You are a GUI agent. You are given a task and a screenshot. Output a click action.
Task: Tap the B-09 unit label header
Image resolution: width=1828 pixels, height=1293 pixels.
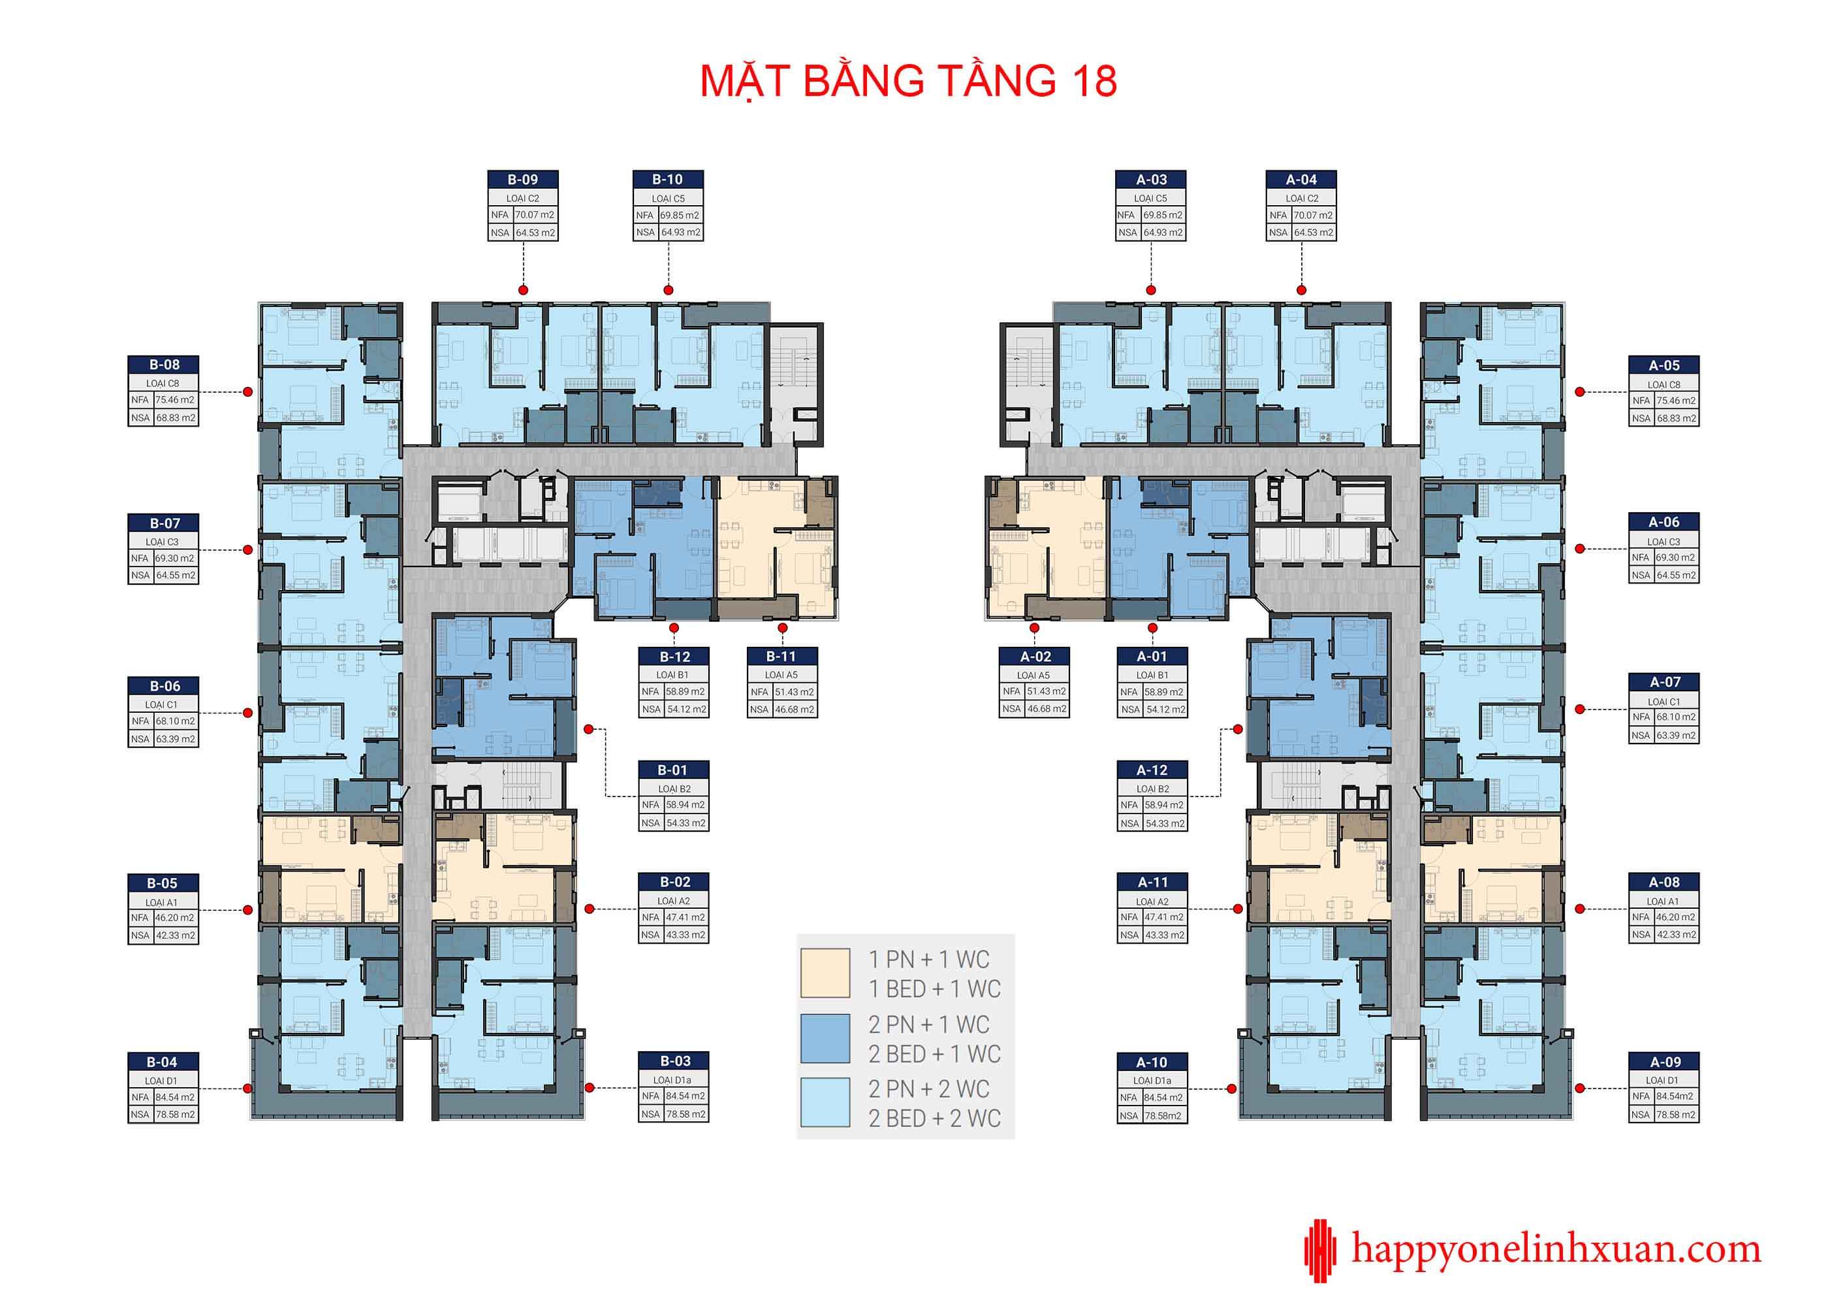pyautogui.click(x=522, y=179)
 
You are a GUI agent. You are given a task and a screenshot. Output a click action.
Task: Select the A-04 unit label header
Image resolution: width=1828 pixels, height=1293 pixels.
pyautogui.click(x=1301, y=179)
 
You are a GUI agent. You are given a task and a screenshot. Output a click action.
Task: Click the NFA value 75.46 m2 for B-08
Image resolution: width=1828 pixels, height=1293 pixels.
pyautogui.click(x=175, y=400)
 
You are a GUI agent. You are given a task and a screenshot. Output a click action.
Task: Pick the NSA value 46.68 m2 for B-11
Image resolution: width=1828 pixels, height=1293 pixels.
pyautogui.click(x=794, y=709)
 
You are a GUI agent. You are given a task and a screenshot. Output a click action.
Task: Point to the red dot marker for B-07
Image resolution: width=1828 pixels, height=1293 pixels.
pyautogui.click(x=247, y=549)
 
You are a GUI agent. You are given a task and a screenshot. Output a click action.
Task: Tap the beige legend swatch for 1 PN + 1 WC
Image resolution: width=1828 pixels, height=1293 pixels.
pyautogui.click(x=825, y=973)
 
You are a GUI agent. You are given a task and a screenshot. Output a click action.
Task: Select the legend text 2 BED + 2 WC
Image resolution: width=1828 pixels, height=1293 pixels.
pyautogui.click(x=935, y=1119)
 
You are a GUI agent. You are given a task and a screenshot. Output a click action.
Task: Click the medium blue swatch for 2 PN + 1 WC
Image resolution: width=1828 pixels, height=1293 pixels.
pyautogui.click(x=825, y=1038)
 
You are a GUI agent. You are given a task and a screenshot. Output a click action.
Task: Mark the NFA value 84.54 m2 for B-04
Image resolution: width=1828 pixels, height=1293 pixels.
pyautogui.click(x=175, y=1097)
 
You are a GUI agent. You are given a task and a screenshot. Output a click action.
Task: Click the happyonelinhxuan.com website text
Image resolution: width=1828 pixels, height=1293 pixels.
pyautogui.click(x=1556, y=1249)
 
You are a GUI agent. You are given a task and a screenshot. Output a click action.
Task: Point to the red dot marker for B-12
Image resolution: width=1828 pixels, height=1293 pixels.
pyautogui.click(x=674, y=628)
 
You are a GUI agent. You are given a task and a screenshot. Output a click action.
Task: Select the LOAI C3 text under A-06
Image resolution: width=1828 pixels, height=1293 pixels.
pyautogui.click(x=1663, y=541)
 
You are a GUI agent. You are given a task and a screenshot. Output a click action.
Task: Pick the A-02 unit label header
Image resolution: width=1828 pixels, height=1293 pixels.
pyautogui.click(x=1035, y=657)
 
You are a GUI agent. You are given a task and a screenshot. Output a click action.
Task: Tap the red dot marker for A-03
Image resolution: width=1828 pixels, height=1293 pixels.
pyautogui.click(x=1150, y=290)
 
